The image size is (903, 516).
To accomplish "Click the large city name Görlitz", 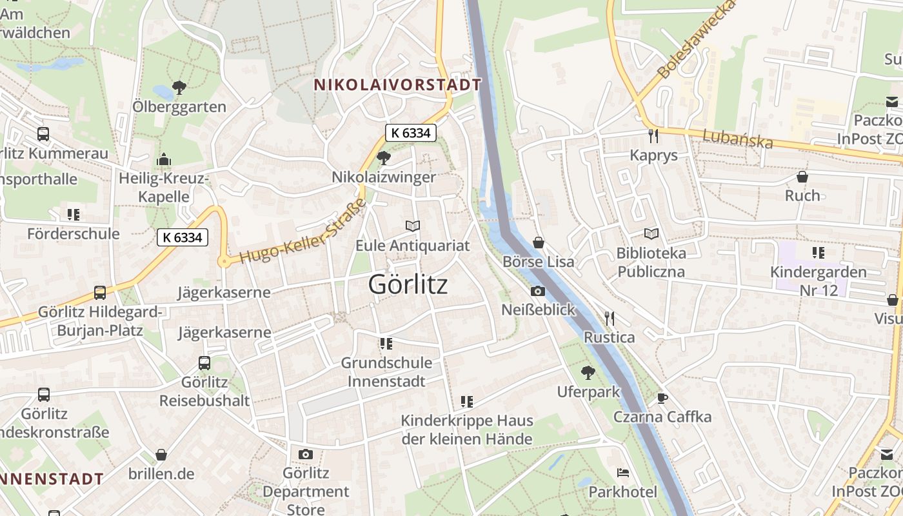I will click(x=408, y=284).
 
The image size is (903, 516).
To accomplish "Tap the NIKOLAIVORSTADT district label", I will click(x=397, y=84).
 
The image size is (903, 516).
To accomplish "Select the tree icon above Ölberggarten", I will click(x=179, y=87).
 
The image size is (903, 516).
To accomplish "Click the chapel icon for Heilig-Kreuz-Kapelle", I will click(x=164, y=159).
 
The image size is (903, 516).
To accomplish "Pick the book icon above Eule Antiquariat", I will click(x=413, y=226).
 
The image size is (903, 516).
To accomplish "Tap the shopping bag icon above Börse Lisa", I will click(x=539, y=243).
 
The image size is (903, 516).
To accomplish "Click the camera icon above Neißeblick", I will click(x=538, y=291).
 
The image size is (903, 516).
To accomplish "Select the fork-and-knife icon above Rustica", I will click(x=609, y=318).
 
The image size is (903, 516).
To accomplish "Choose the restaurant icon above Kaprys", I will click(x=653, y=135).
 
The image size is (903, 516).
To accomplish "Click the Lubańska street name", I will click(x=737, y=138).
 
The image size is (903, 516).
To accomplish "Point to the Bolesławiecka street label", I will click(x=697, y=41).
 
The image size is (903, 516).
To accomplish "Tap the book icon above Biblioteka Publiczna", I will click(x=651, y=233).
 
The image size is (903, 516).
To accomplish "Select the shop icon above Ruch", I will click(x=802, y=176).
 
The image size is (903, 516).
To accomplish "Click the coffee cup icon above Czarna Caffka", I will click(x=662, y=397).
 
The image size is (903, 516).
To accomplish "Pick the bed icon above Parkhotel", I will click(x=623, y=473).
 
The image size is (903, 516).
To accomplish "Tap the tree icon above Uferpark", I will click(x=588, y=372).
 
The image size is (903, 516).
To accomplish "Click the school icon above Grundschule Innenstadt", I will click(x=386, y=343).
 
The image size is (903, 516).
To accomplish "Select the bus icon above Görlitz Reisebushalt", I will click(x=204, y=362).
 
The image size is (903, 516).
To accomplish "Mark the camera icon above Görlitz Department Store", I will click(x=306, y=454).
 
